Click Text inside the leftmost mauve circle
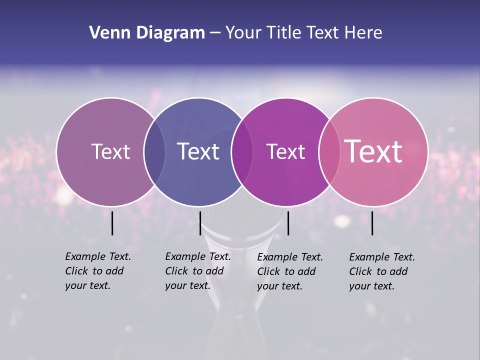click(x=110, y=151)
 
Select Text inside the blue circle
click(x=198, y=151)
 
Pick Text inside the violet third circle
click(x=285, y=151)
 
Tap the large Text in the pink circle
click(x=373, y=151)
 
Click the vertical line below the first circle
click(x=112, y=223)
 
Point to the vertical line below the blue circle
click(x=200, y=223)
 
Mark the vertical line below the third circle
click(x=288, y=223)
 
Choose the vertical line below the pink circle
click(x=372, y=223)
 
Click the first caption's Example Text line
click(x=98, y=256)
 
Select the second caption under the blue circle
click(x=198, y=271)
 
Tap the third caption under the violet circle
click(x=290, y=271)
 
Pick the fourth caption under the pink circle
click(x=382, y=271)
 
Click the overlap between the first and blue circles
click(x=154, y=151)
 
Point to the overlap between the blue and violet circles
click(x=241, y=151)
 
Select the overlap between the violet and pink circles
click(x=329, y=151)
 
